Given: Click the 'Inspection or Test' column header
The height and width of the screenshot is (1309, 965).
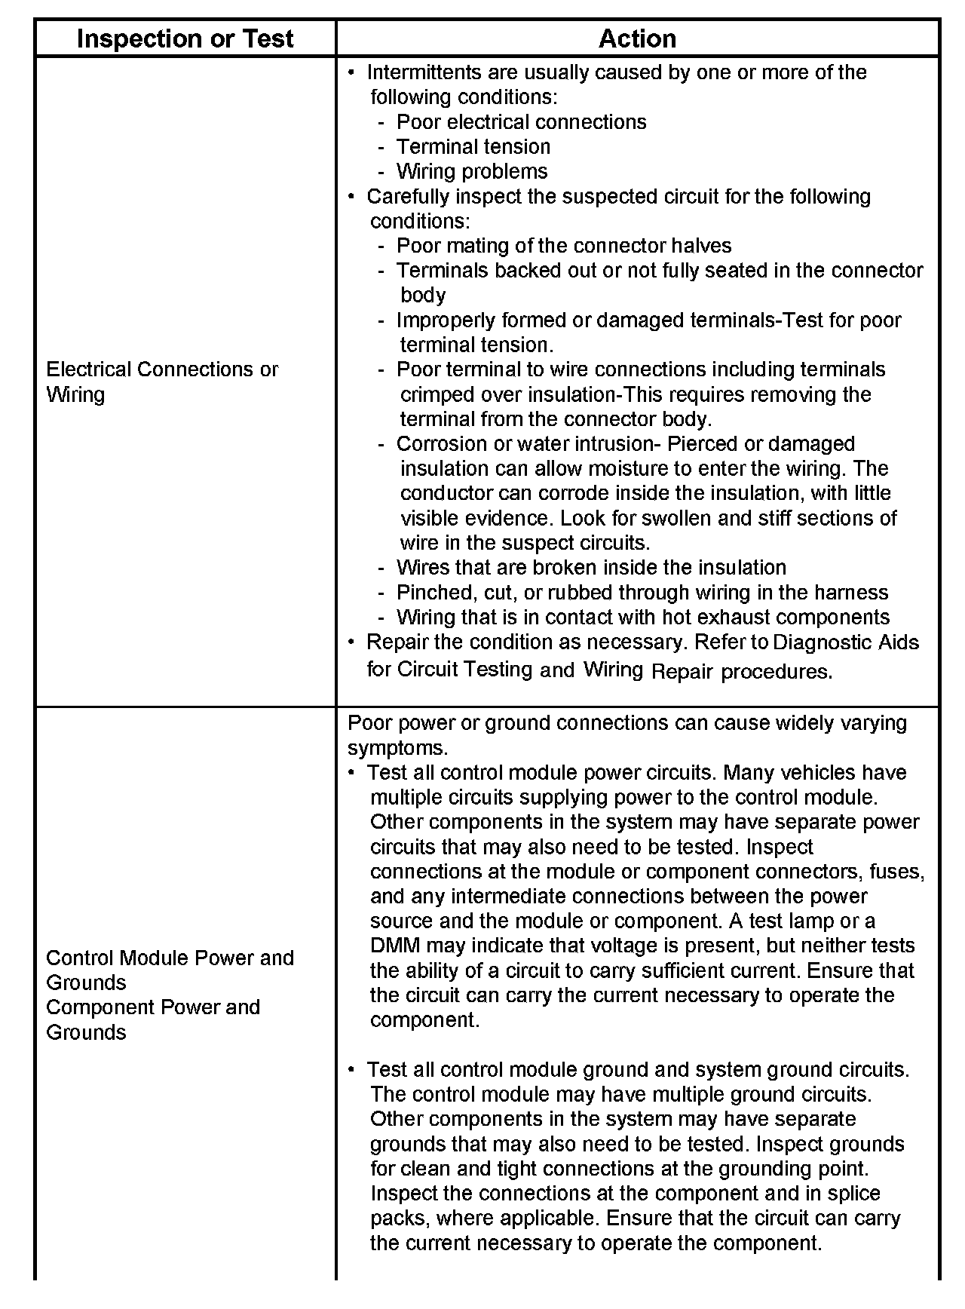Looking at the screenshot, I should click(x=185, y=38).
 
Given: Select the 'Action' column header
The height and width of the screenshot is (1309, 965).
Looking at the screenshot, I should click(x=637, y=38).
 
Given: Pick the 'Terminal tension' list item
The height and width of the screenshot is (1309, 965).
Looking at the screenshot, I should click(x=473, y=146).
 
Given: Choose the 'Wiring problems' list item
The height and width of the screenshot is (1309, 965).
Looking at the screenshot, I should click(x=472, y=171).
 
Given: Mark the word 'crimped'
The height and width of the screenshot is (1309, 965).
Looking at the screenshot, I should click(x=434, y=394).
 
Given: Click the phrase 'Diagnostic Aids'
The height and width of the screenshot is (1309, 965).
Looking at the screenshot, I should click(x=846, y=642).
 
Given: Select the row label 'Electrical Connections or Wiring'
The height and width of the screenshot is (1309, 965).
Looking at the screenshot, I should click(x=162, y=382).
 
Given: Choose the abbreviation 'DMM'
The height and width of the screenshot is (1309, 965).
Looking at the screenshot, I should click(x=391, y=946).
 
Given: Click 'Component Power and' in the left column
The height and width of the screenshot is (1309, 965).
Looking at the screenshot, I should click(x=153, y=1007).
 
